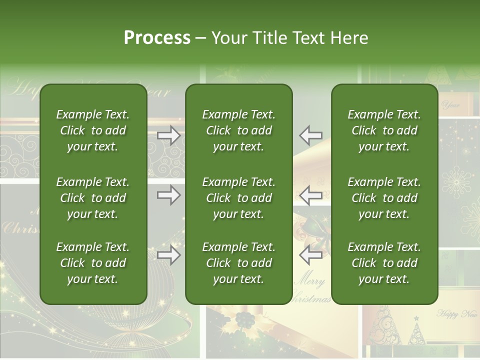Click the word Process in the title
(x=157, y=38)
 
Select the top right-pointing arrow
(x=169, y=135)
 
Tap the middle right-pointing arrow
(x=169, y=195)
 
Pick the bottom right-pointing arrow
(x=169, y=255)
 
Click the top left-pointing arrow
(x=310, y=135)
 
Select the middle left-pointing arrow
(x=310, y=195)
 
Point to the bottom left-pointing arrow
(x=310, y=255)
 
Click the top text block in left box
(x=93, y=130)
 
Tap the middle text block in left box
(x=93, y=198)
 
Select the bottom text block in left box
(x=93, y=263)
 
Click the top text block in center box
(x=238, y=130)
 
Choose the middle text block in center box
(x=238, y=198)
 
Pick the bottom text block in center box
(x=238, y=263)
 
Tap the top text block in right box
(x=384, y=130)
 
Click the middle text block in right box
(x=384, y=198)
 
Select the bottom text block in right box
(x=384, y=263)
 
